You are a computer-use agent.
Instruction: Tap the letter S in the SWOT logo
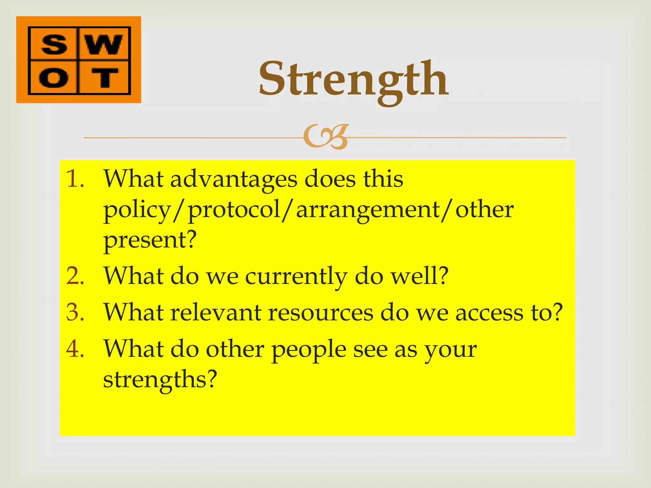[54, 44]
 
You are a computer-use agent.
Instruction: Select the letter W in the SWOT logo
[104, 44]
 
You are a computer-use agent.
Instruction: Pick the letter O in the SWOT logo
[53, 78]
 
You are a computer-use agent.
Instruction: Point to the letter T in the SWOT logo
[104, 78]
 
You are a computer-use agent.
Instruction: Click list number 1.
[75, 179]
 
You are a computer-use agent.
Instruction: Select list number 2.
[75, 276]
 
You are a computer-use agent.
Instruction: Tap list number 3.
[75, 312]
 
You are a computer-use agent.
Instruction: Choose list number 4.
[75, 349]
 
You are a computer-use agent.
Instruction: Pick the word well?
[419, 276]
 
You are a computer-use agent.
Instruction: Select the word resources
[320, 313]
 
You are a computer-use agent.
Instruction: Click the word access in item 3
[489, 313]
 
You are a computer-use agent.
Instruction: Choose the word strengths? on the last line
[160, 379]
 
